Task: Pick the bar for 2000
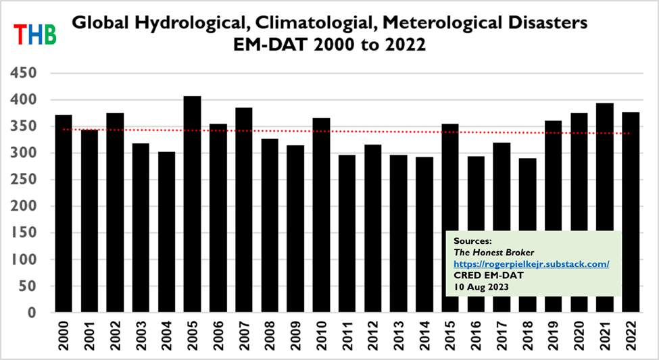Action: point(64,213)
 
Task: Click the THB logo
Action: point(35,32)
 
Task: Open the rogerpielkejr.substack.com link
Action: point(532,263)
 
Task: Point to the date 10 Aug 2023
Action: point(481,287)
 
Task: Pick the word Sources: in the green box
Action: point(472,240)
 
